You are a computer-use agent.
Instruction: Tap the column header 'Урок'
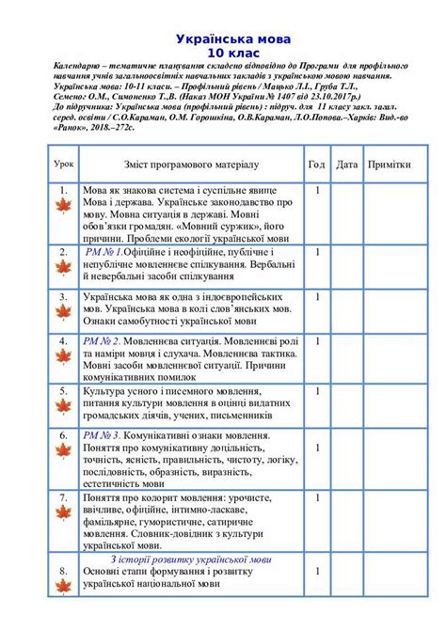pos(64,163)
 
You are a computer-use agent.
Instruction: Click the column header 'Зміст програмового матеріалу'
pos(188,164)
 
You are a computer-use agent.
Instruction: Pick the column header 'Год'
pos(317,164)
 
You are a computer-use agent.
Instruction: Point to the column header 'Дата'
pos(346,164)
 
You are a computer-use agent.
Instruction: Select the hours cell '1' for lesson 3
pos(318,296)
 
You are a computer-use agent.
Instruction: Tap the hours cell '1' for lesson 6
pos(318,436)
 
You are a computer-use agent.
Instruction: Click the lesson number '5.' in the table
pos(63,388)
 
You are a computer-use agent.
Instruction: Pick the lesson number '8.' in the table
pos(63,571)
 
